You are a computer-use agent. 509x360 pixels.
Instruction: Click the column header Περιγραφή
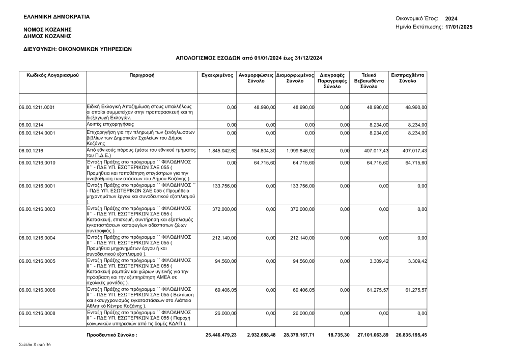click(x=143, y=75)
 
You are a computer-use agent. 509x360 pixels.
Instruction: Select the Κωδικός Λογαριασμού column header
click(x=52, y=75)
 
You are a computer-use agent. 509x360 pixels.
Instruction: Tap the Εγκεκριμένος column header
click(x=217, y=75)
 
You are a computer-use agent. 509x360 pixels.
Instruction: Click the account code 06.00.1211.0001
click(x=37, y=107)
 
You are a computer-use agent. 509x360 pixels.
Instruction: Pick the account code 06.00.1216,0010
click(x=37, y=163)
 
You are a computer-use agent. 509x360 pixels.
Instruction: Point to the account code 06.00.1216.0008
click(x=37, y=313)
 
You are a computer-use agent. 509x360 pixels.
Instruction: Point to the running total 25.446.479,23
click(x=221, y=335)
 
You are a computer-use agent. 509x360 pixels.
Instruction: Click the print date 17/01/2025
click(x=459, y=26)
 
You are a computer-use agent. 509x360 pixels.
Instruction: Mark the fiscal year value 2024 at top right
click(x=451, y=18)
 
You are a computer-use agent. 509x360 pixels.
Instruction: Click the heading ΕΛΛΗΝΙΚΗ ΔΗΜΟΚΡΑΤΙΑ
click(x=56, y=17)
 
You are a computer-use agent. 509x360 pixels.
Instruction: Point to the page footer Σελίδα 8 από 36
click(x=35, y=345)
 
